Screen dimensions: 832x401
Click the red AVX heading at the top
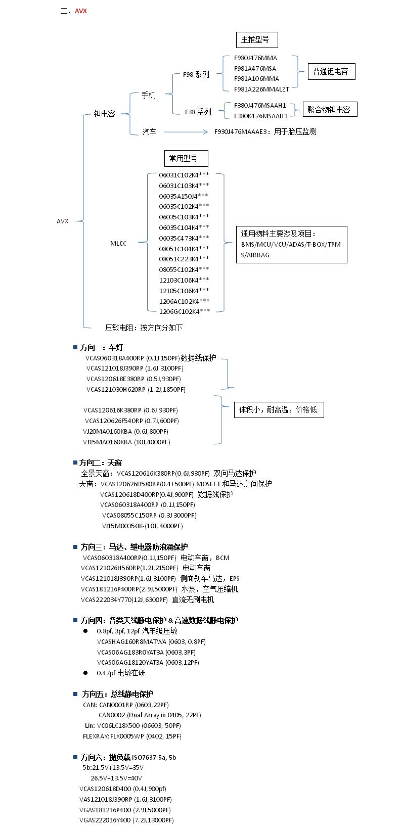80,11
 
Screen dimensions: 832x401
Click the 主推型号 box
257,40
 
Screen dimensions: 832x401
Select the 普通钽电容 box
331,71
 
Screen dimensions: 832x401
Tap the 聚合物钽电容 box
330,109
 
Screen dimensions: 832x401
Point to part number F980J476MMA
255,58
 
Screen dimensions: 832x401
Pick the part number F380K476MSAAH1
260,116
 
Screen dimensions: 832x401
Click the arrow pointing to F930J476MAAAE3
186,132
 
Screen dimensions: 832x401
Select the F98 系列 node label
196,75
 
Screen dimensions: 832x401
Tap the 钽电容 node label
105,114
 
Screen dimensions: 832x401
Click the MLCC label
118,244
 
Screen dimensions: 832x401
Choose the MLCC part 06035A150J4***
184,196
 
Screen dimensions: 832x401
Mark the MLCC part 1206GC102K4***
184,312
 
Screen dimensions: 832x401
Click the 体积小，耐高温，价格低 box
279,410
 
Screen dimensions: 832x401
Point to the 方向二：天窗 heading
101,463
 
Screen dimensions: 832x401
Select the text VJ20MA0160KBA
107,432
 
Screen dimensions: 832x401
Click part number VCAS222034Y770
106,600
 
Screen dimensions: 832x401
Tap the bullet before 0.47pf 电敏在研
85,673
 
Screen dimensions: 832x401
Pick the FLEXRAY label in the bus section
96,736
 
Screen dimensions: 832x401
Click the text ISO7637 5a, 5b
154,757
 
